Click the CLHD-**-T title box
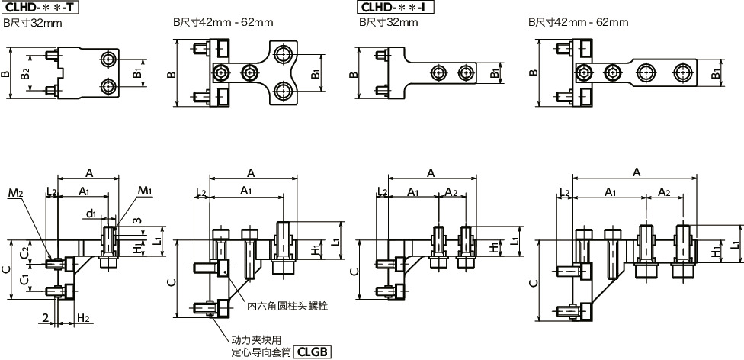point(40,8)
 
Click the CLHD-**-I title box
point(396,8)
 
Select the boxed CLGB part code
point(313,352)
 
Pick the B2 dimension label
point(26,74)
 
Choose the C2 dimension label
point(24,252)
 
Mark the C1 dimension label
point(24,281)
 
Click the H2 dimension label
point(83,317)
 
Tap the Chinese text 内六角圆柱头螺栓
point(287,306)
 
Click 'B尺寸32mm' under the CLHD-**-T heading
point(34,23)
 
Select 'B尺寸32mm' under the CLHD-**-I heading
point(390,23)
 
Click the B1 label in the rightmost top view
point(715,74)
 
